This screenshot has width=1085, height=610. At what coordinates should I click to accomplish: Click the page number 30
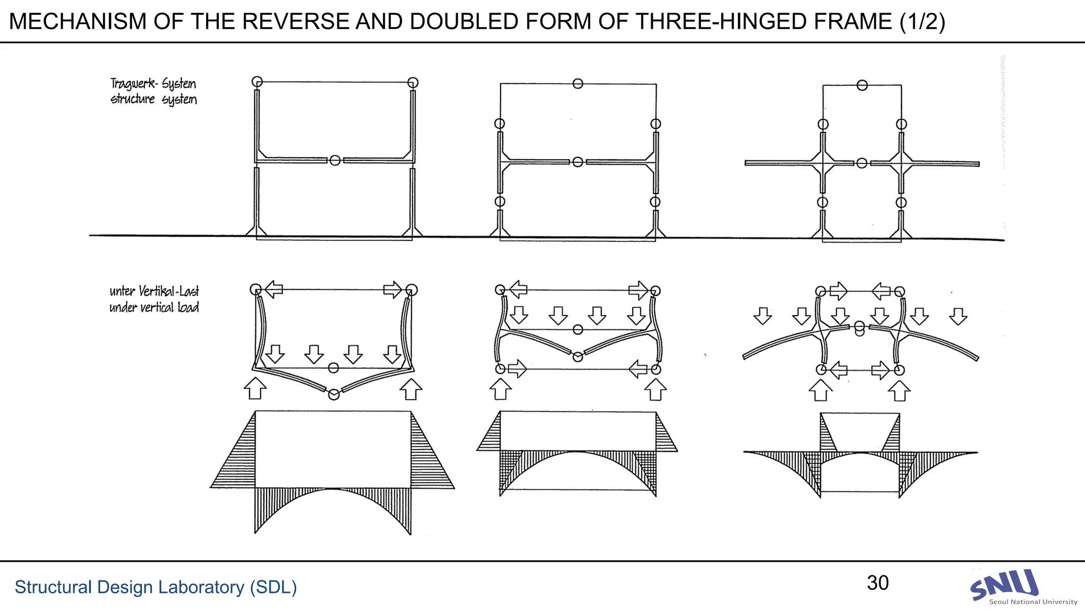pos(877,583)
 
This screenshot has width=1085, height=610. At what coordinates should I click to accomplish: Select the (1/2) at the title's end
pos(922,22)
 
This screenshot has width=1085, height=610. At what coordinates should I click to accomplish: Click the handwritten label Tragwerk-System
pos(153,83)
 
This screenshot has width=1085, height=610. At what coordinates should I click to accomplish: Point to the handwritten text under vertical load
pos(154,308)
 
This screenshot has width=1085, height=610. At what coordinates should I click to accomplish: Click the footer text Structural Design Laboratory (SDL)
pos(155,587)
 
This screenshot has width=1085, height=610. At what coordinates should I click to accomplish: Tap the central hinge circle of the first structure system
pos(335,160)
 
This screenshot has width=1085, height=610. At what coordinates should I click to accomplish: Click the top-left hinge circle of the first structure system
pos(257,82)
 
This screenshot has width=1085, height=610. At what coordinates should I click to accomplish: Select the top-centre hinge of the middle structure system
pos(578,84)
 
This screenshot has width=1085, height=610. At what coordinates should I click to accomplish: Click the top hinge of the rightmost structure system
pos(862,85)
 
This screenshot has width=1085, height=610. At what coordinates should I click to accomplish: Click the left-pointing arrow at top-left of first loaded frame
pos(273,290)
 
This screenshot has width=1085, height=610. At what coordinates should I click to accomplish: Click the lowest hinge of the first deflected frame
pos(334,394)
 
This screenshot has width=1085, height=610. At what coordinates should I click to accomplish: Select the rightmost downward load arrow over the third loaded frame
pos(958,316)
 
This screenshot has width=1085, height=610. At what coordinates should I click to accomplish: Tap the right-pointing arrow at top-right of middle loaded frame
pos(638,290)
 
